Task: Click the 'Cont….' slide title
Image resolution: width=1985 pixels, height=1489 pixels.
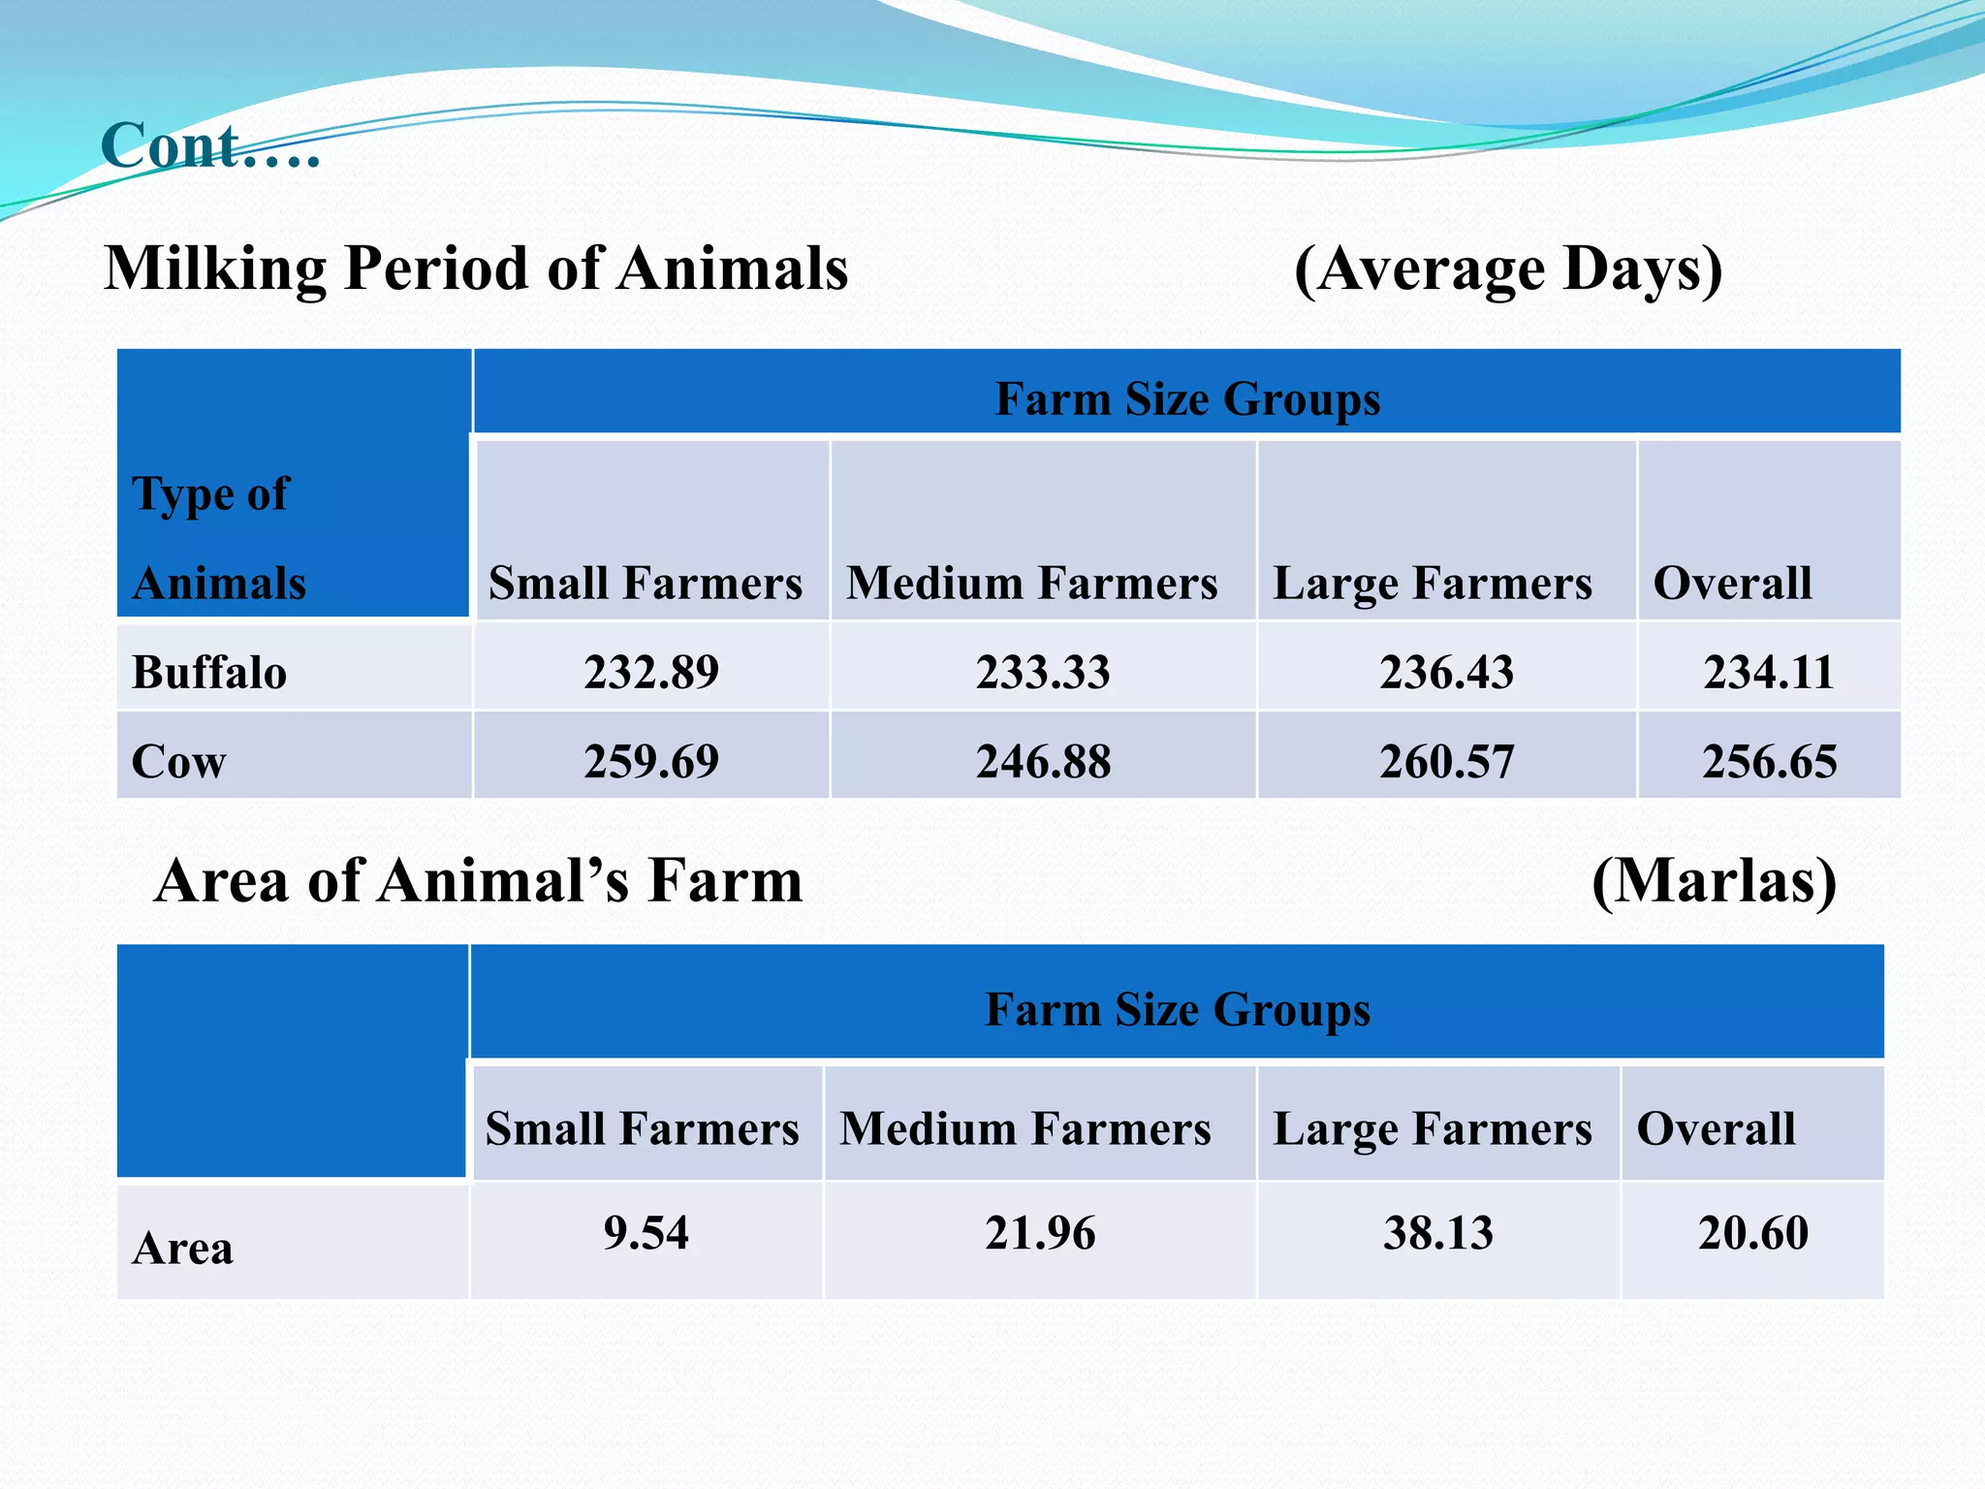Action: tap(209, 146)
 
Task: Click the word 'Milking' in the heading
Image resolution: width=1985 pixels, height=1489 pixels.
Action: tap(215, 269)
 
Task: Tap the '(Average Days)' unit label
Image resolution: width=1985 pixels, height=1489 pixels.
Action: tap(1508, 269)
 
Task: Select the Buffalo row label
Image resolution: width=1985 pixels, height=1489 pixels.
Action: tap(209, 672)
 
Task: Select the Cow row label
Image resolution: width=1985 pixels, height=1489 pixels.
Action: tap(178, 761)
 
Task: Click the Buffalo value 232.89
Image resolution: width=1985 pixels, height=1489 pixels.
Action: tap(651, 672)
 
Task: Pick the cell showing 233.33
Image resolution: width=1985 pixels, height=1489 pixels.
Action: tap(1043, 672)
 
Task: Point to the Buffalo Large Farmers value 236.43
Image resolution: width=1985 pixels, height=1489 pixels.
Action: tap(1446, 672)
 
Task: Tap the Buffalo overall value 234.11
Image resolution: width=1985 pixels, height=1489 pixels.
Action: tap(1769, 672)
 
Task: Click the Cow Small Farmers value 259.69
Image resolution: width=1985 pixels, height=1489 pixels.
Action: tap(651, 761)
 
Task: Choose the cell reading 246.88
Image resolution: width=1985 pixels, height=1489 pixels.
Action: tap(1043, 761)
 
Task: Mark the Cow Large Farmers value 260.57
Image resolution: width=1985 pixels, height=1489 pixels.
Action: tap(1446, 761)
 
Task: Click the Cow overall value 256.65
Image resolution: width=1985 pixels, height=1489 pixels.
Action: tap(1769, 761)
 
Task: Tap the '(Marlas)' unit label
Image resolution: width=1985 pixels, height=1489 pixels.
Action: tap(1714, 881)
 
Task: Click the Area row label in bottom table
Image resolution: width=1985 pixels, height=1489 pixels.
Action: tap(182, 1248)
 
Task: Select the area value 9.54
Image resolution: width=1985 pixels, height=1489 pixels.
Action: tap(646, 1233)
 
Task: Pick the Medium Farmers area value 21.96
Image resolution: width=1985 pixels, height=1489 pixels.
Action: tap(1040, 1233)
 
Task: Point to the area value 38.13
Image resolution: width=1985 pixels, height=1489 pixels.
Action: tap(1438, 1233)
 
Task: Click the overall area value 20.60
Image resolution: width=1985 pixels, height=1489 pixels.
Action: tap(1753, 1233)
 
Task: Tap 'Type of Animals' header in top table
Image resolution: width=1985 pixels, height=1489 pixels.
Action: tap(219, 538)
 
